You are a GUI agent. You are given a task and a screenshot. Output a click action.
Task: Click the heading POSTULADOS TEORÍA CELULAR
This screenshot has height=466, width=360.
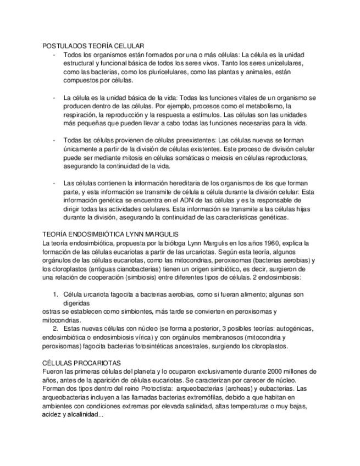(x=93, y=46)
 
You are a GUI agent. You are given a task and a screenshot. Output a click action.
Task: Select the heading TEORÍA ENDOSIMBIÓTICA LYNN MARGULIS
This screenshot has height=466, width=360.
(x=110, y=235)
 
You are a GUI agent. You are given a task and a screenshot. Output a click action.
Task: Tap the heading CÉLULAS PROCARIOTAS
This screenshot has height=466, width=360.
(x=81, y=363)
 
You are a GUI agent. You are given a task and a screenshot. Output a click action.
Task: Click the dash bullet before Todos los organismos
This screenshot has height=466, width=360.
(x=53, y=55)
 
